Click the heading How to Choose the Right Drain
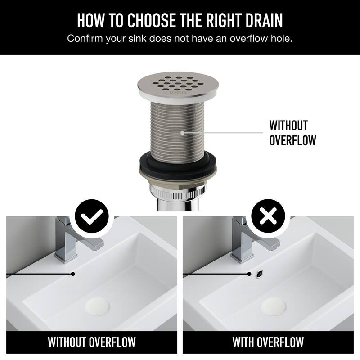[x=180, y=21]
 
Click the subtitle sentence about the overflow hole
[x=180, y=39]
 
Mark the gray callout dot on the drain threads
[x=182, y=133]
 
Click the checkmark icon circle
[x=92, y=217]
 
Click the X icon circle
[x=268, y=217]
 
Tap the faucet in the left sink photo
[x=72, y=238]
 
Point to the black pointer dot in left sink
[x=72, y=273]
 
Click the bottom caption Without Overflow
[x=92, y=342]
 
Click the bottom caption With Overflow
[x=268, y=342]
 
